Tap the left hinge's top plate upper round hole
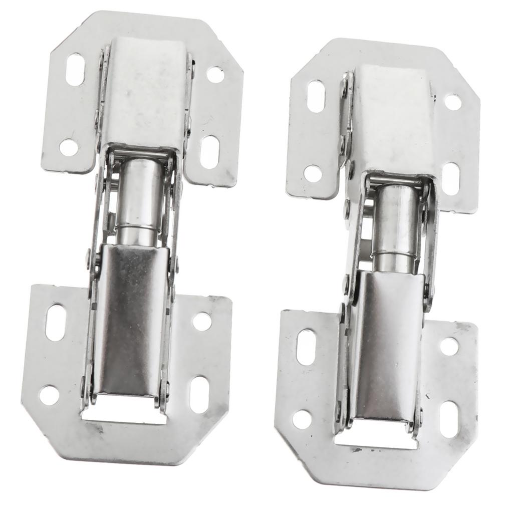tap(215, 75)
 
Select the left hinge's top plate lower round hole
tap(69, 146)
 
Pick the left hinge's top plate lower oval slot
tap(209, 151)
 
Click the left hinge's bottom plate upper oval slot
tap(56, 322)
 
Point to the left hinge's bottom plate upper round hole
tap(202, 321)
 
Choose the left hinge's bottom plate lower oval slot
tap(199, 394)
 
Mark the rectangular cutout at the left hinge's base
tap(124, 414)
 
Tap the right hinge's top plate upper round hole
tap(453, 102)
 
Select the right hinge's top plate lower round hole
tap(313, 173)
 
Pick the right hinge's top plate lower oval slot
tap(451, 178)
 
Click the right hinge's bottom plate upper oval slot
tap(305, 346)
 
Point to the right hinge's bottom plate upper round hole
tap(449, 346)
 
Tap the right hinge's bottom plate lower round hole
tap(302, 419)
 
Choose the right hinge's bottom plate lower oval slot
tap(449, 419)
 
